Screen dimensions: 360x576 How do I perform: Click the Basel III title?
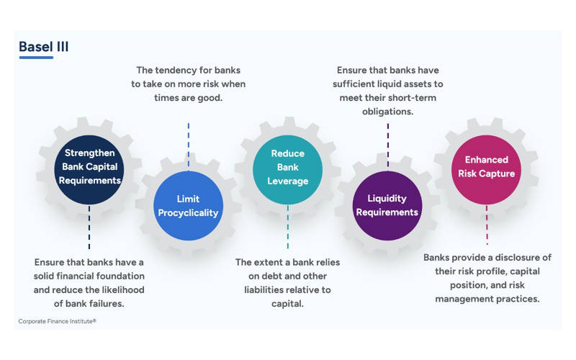point(44,48)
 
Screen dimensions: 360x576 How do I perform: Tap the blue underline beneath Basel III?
point(36,58)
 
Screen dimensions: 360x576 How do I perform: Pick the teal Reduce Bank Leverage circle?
point(287,166)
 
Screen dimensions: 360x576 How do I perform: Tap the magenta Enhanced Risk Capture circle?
point(486,166)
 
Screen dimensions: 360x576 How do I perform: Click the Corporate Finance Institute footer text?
point(57,320)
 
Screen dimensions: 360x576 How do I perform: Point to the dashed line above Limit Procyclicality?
point(188,144)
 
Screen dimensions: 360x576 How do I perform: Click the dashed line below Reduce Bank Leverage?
point(287,226)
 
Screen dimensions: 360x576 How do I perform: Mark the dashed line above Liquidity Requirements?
point(387,144)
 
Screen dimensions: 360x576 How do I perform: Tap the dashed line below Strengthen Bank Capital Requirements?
point(89,226)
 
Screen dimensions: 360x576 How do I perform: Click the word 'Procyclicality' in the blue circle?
point(188,212)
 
